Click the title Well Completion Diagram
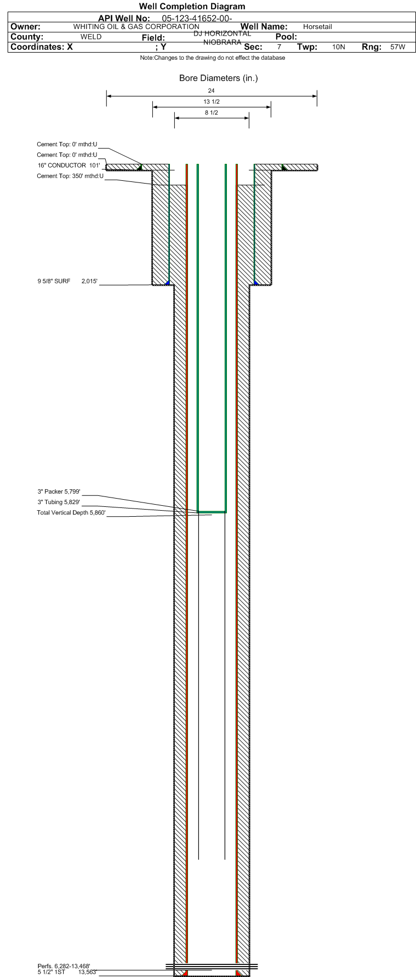coord(192,7)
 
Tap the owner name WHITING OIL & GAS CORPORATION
coord(136,26)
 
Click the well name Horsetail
coord(317,27)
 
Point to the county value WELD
coord(91,37)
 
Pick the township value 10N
coord(339,47)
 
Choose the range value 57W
coord(398,47)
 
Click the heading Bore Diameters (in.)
coord(218,78)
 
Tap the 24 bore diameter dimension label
coord(212,90)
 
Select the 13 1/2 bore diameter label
coord(212,102)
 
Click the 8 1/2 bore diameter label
coord(212,113)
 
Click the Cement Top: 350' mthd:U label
coord(70,176)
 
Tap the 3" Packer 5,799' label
coord(59,492)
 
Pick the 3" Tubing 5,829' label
coord(59,502)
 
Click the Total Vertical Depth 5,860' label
coord(71,513)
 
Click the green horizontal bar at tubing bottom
coord(212,512)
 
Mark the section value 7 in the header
coord(279,47)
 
